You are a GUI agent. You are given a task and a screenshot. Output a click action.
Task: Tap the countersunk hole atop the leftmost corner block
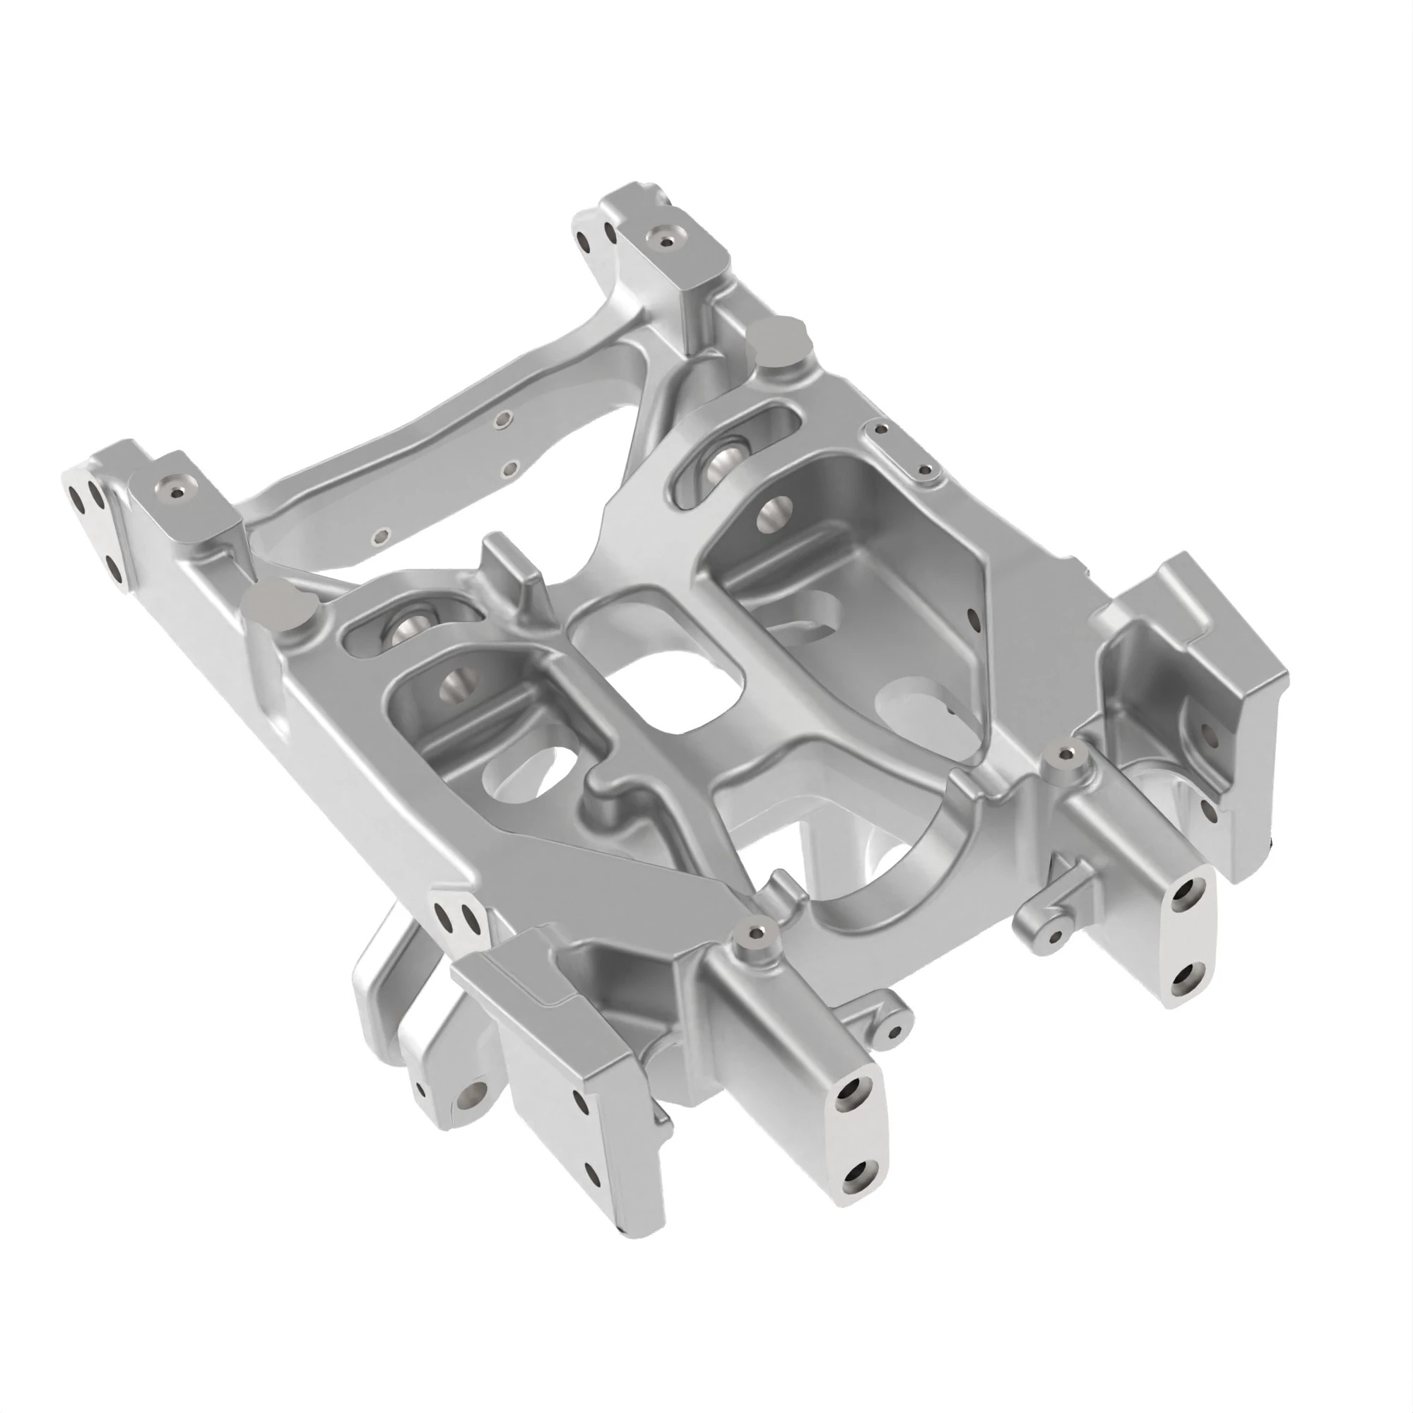coord(176,491)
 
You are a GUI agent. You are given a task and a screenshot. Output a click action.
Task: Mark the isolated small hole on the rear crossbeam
coord(378,538)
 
